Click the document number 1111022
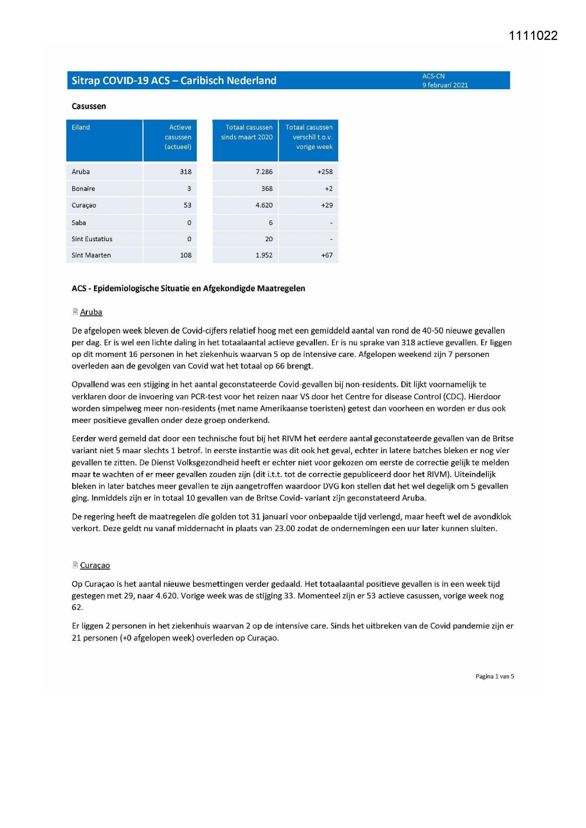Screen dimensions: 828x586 pos(533,36)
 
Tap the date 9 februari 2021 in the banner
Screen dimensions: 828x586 pos(445,85)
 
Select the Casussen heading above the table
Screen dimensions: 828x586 pos(89,106)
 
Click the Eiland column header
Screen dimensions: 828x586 pos(81,127)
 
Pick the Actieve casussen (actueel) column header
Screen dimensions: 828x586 pos(178,137)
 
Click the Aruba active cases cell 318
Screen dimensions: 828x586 pos(186,172)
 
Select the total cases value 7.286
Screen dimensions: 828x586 pos(264,172)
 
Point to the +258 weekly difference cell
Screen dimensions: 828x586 pos(325,172)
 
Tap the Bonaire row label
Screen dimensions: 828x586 pos(83,189)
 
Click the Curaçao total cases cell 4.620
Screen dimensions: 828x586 pos(264,205)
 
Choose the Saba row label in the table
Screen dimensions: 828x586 pos(79,223)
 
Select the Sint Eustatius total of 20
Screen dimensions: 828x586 pos(269,239)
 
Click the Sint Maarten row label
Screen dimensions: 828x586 pos(91,255)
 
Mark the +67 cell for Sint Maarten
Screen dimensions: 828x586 pos(327,255)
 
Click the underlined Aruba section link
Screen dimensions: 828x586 pos(91,312)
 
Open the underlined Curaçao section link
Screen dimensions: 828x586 pos(95,566)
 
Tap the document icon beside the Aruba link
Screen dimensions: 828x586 pos(75,312)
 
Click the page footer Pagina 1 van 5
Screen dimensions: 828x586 pos(494,676)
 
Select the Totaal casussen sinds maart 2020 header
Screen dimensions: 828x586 pos(246,132)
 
